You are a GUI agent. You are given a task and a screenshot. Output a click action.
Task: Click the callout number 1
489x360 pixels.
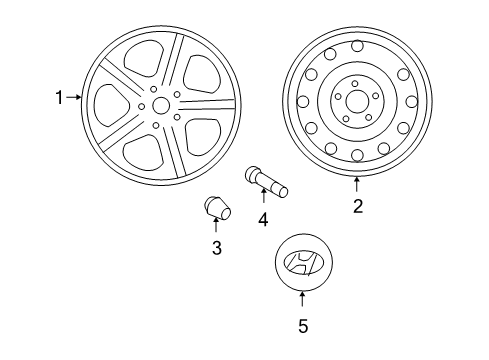coord(59,98)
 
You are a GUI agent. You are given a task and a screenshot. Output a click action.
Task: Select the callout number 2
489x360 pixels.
coord(358,206)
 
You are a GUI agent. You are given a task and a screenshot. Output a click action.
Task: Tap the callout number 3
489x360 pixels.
coord(217,248)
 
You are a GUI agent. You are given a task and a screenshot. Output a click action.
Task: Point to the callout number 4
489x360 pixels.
coord(263,220)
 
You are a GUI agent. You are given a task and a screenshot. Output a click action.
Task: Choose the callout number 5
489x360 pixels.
coord(303,326)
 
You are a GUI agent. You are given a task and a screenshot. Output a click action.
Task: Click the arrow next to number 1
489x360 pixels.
coord(74,97)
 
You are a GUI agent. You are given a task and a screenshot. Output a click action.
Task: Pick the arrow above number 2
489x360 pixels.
coord(357,184)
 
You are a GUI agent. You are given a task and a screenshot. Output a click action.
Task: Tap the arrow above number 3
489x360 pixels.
coord(216,224)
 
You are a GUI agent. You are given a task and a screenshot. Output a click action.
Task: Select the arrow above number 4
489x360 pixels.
coord(264,195)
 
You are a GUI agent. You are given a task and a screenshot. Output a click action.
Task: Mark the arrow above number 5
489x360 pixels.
coord(302,299)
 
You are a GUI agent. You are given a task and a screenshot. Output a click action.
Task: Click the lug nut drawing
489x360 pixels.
coord(217,208)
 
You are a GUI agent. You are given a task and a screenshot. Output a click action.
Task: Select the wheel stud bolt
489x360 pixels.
coord(266,181)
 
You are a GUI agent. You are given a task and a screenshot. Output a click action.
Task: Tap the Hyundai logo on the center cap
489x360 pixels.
coord(300,263)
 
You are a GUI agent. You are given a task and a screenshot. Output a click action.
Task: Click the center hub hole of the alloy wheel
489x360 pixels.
coord(161,105)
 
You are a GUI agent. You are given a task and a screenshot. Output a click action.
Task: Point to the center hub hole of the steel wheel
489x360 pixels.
coord(357,101)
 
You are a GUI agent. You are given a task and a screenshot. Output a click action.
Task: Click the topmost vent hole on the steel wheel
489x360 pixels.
coord(357,46)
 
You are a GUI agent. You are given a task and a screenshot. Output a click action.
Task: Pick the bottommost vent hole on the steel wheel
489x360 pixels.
coord(357,155)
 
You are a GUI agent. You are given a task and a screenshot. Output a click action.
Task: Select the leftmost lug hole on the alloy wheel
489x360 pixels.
coord(142,107)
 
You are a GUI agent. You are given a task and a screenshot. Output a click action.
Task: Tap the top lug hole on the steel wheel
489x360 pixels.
coord(355,83)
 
